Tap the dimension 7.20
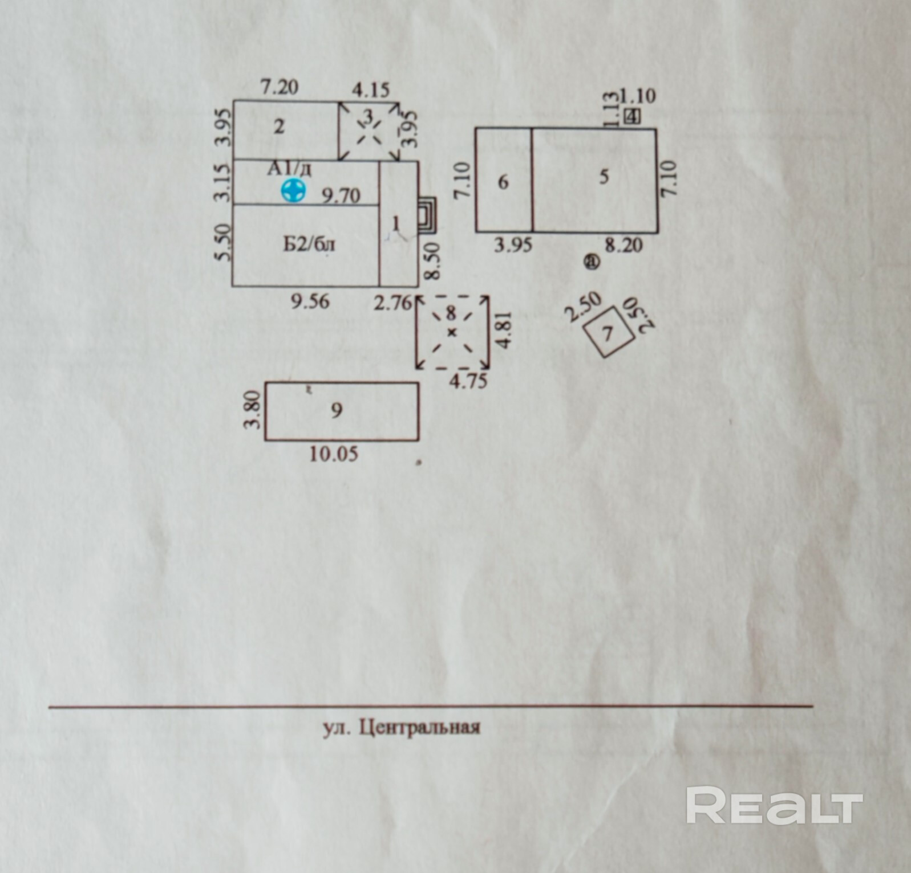pyautogui.click(x=280, y=88)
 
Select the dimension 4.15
pyautogui.click(x=370, y=89)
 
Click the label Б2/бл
pyautogui.click(x=309, y=244)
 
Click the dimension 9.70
pyautogui.click(x=341, y=195)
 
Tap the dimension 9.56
pyautogui.click(x=310, y=301)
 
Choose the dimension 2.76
pyautogui.click(x=392, y=302)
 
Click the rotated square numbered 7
pyautogui.click(x=608, y=332)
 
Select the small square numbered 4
pyautogui.click(x=632, y=116)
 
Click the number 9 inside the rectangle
pyautogui.click(x=337, y=410)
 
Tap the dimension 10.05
pyautogui.click(x=334, y=454)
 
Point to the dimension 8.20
pyautogui.click(x=623, y=245)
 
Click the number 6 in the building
pyautogui.click(x=503, y=182)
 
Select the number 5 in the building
pyautogui.click(x=604, y=177)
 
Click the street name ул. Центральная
pyautogui.click(x=402, y=728)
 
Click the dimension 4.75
pyautogui.click(x=468, y=381)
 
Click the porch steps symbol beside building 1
pyautogui.click(x=427, y=215)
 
